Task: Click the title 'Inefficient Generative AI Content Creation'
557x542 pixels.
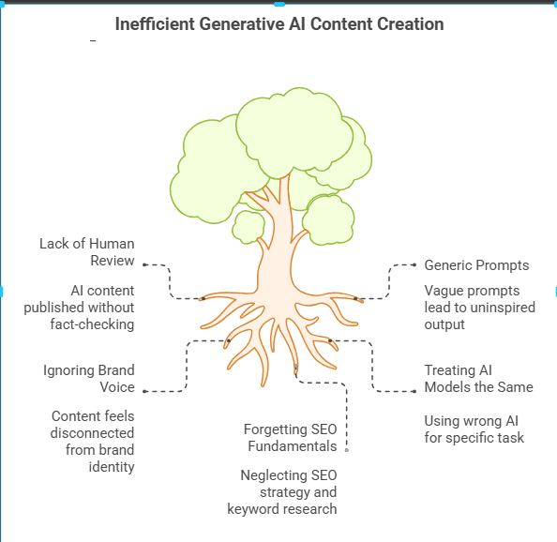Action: [x=279, y=23]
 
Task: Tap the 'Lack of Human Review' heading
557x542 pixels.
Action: [x=87, y=251]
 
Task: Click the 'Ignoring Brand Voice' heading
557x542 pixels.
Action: [x=89, y=378]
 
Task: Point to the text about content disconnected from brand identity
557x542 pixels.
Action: [x=92, y=441]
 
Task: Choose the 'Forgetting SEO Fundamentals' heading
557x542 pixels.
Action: [x=290, y=438]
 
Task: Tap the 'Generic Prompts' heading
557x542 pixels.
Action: [x=476, y=265]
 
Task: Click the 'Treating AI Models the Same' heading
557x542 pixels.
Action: [x=478, y=379]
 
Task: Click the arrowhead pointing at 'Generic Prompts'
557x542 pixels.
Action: [x=415, y=265]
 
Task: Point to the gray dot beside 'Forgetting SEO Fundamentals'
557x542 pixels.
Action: [x=346, y=449]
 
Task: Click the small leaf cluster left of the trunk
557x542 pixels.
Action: [x=248, y=226]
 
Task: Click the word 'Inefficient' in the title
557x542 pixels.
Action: [x=154, y=23]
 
